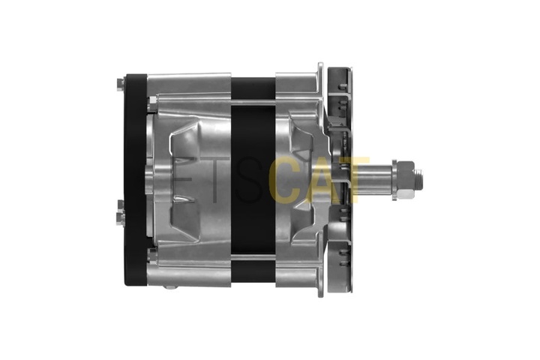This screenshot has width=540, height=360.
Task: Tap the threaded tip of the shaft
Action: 418,180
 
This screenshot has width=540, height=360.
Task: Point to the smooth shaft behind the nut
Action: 373,180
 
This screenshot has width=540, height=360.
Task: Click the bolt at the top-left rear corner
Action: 121,85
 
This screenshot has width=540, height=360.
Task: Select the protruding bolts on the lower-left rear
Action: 120,213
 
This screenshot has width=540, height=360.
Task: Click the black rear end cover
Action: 135,180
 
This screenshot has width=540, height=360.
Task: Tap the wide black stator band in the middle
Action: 253,180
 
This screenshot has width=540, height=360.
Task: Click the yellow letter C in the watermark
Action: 283,180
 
